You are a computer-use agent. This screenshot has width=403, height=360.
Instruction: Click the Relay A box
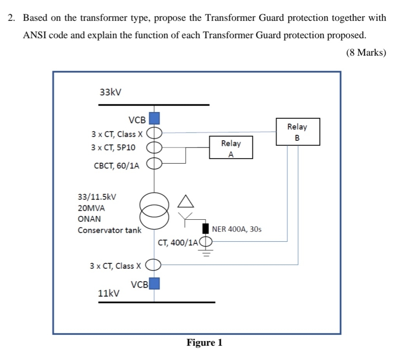[x=231, y=147]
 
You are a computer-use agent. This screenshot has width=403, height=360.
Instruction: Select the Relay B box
[x=298, y=132]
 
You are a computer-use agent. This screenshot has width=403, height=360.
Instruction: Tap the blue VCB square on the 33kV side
[x=155, y=118]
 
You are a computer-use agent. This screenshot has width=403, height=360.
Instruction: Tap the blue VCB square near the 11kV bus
[x=155, y=284]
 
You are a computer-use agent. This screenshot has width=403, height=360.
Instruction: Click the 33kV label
[x=111, y=92]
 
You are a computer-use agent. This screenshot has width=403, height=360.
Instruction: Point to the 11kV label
[x=109, y=293]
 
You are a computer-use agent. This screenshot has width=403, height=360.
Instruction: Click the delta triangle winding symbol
[x=185, y=201]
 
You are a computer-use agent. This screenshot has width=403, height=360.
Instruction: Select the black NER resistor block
[x=206, y=229]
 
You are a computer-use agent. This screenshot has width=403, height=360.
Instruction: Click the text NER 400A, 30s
[x=236, y=229]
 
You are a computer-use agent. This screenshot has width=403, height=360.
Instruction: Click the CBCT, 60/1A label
[x=117, y=165]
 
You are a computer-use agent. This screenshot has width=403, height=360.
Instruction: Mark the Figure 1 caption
[x=204, y=342]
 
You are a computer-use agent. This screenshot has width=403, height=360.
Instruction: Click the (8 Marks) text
[x=366, y=53]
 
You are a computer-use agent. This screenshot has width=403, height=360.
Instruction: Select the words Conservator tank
[x=110, y=230]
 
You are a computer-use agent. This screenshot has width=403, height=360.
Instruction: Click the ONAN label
[x=89, y=219]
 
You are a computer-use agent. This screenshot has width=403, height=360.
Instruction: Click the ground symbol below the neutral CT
[x=206, y=254]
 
